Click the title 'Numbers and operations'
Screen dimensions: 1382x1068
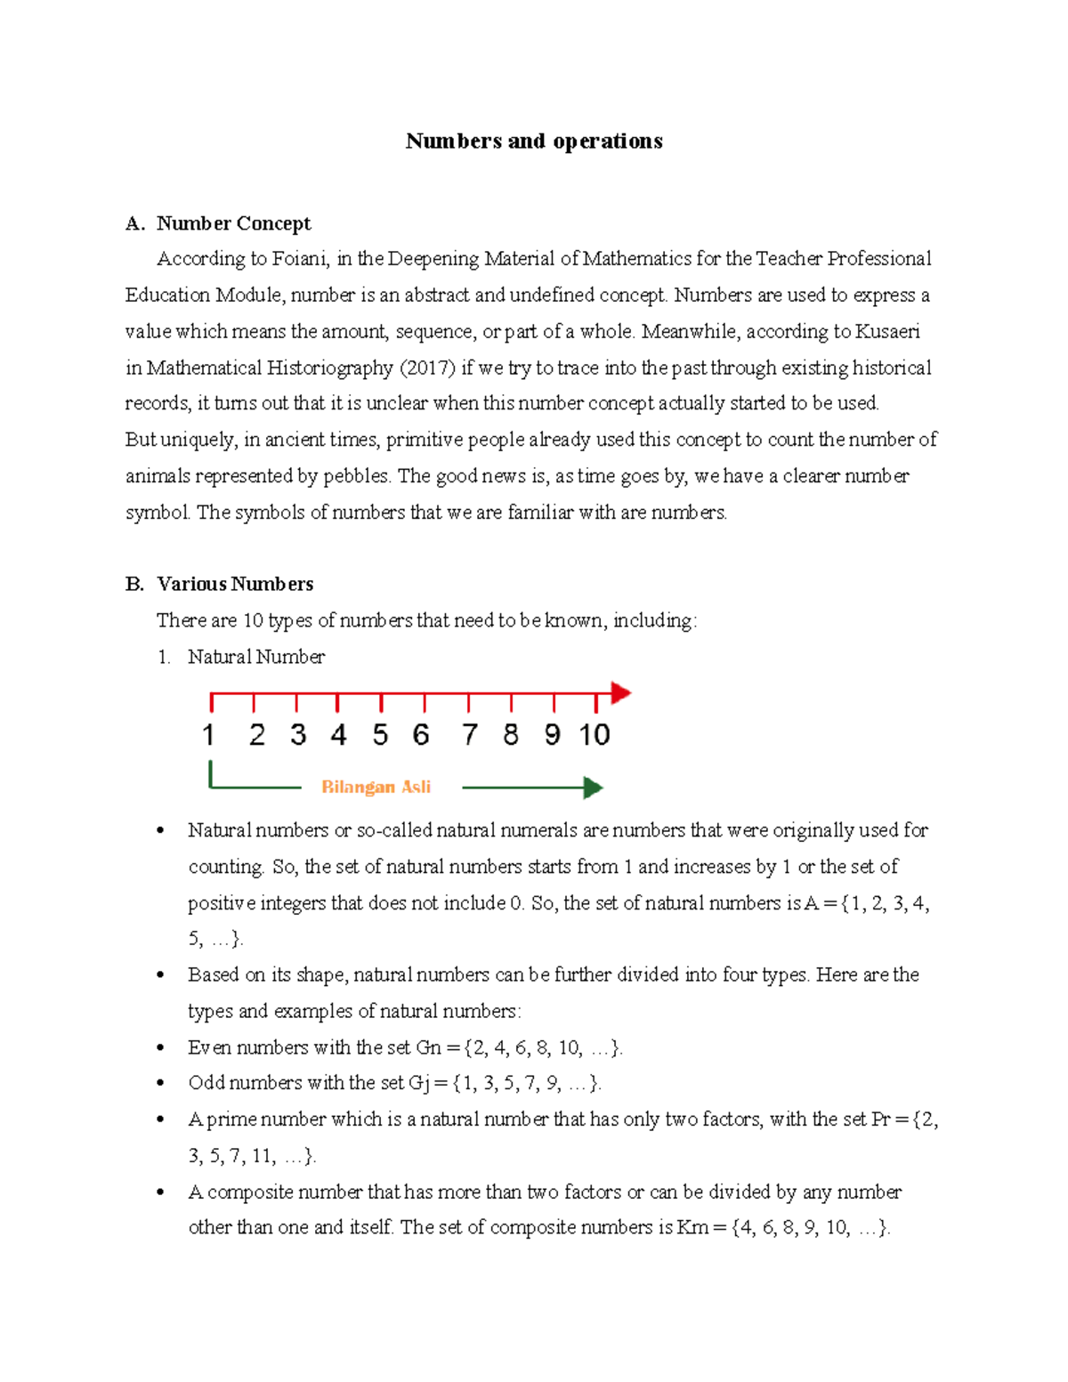coord(534,141)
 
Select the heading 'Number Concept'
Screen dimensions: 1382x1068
coord(233,223)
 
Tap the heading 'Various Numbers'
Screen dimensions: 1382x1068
coord(235,584)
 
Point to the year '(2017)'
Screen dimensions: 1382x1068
coord(427,368)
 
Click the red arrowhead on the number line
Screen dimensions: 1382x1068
coord(621,692)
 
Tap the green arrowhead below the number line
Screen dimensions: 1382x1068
coord(593,788)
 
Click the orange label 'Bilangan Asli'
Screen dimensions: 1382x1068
coord(376,787)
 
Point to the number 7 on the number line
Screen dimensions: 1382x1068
coord(469,735)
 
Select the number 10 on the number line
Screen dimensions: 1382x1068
coord(594,735)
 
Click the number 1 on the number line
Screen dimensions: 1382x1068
coord(208,735)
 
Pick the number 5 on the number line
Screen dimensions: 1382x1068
coord(380,735)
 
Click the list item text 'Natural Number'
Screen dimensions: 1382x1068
coord(256,657)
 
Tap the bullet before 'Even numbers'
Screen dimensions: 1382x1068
coord(160,1048)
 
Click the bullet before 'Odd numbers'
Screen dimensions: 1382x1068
coord(160,1084)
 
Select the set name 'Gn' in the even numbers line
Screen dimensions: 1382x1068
coord(428,1048)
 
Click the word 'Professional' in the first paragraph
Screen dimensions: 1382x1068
coord(878,259)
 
